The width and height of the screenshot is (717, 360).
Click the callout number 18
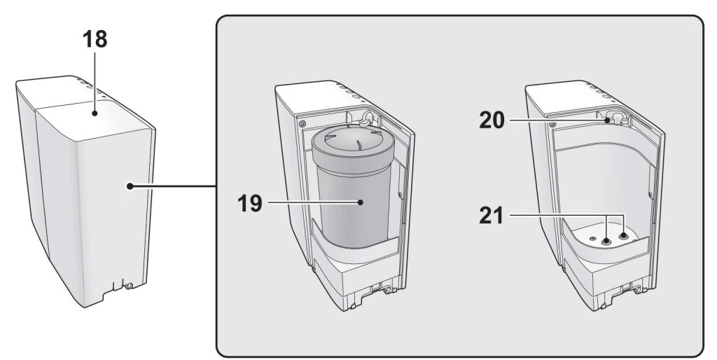coord(95,39)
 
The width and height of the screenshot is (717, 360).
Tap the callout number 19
coord(250,203)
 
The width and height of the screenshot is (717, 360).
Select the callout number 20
coord(492,120)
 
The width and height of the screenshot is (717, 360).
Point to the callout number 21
coord(491,216)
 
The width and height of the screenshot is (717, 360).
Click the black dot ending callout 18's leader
coord(95,113)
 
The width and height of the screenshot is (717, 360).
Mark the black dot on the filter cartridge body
coord(361,202)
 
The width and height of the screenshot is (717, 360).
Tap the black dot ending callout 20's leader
coord(608,120)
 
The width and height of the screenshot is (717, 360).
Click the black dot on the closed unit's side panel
coord(130,186)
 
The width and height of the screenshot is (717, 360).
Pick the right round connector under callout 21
coord(624,237)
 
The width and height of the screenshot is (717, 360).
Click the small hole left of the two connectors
coord(592,238)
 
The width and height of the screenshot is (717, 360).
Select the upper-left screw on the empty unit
coord(553,124)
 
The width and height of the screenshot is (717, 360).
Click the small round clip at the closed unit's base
coord(129,286)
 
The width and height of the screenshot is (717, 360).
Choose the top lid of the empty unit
coord(581,97)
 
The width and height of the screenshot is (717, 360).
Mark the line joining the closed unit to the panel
coord(174,186)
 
